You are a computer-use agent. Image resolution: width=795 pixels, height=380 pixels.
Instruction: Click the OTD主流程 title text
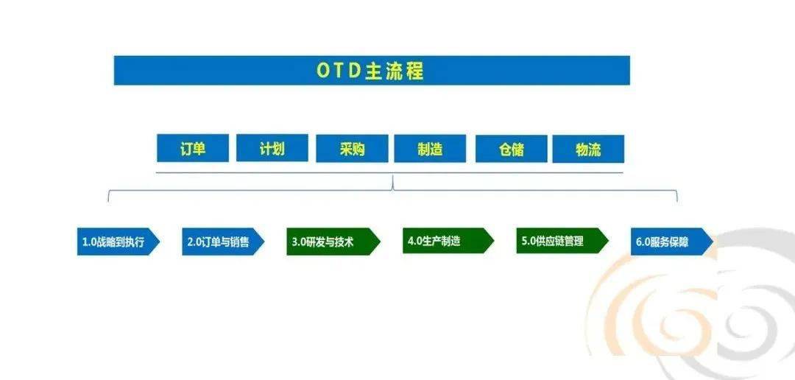coord(371,71)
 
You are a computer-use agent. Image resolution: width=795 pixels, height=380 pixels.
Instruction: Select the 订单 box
coord(193,148)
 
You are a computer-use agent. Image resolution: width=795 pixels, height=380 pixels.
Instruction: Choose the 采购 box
coord(352,149)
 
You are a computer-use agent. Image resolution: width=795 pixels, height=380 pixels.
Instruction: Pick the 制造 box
coord(430,149)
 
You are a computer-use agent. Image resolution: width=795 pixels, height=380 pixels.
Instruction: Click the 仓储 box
coord(511,149)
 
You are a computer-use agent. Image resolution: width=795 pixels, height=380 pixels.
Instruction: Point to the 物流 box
coord(588,149)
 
